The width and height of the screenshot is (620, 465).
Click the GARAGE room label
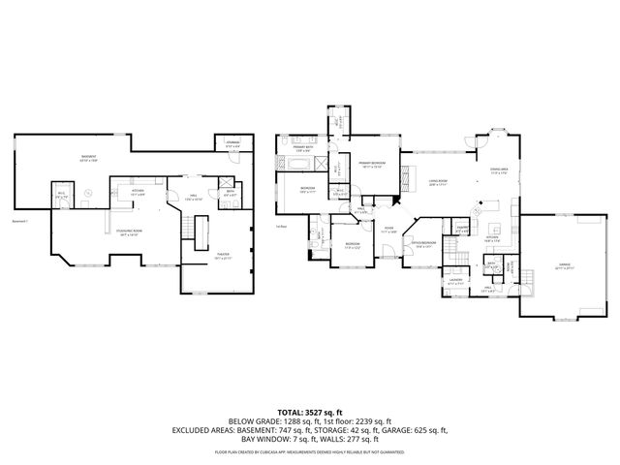click(x=564, y=263)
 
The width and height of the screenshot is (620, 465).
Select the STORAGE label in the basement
click(x=232, y=144)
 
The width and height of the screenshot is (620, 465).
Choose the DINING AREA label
click(x=499, y=171)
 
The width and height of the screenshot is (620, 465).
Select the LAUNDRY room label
click(x=455, y=283)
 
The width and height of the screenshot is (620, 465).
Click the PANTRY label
click(x=462, y=229)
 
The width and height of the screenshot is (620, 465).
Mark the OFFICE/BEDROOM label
click(x=424, y=243)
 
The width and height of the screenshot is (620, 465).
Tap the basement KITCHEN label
click(x=138, y=191)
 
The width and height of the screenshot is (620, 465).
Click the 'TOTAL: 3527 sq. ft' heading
click(x=309, y=413)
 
